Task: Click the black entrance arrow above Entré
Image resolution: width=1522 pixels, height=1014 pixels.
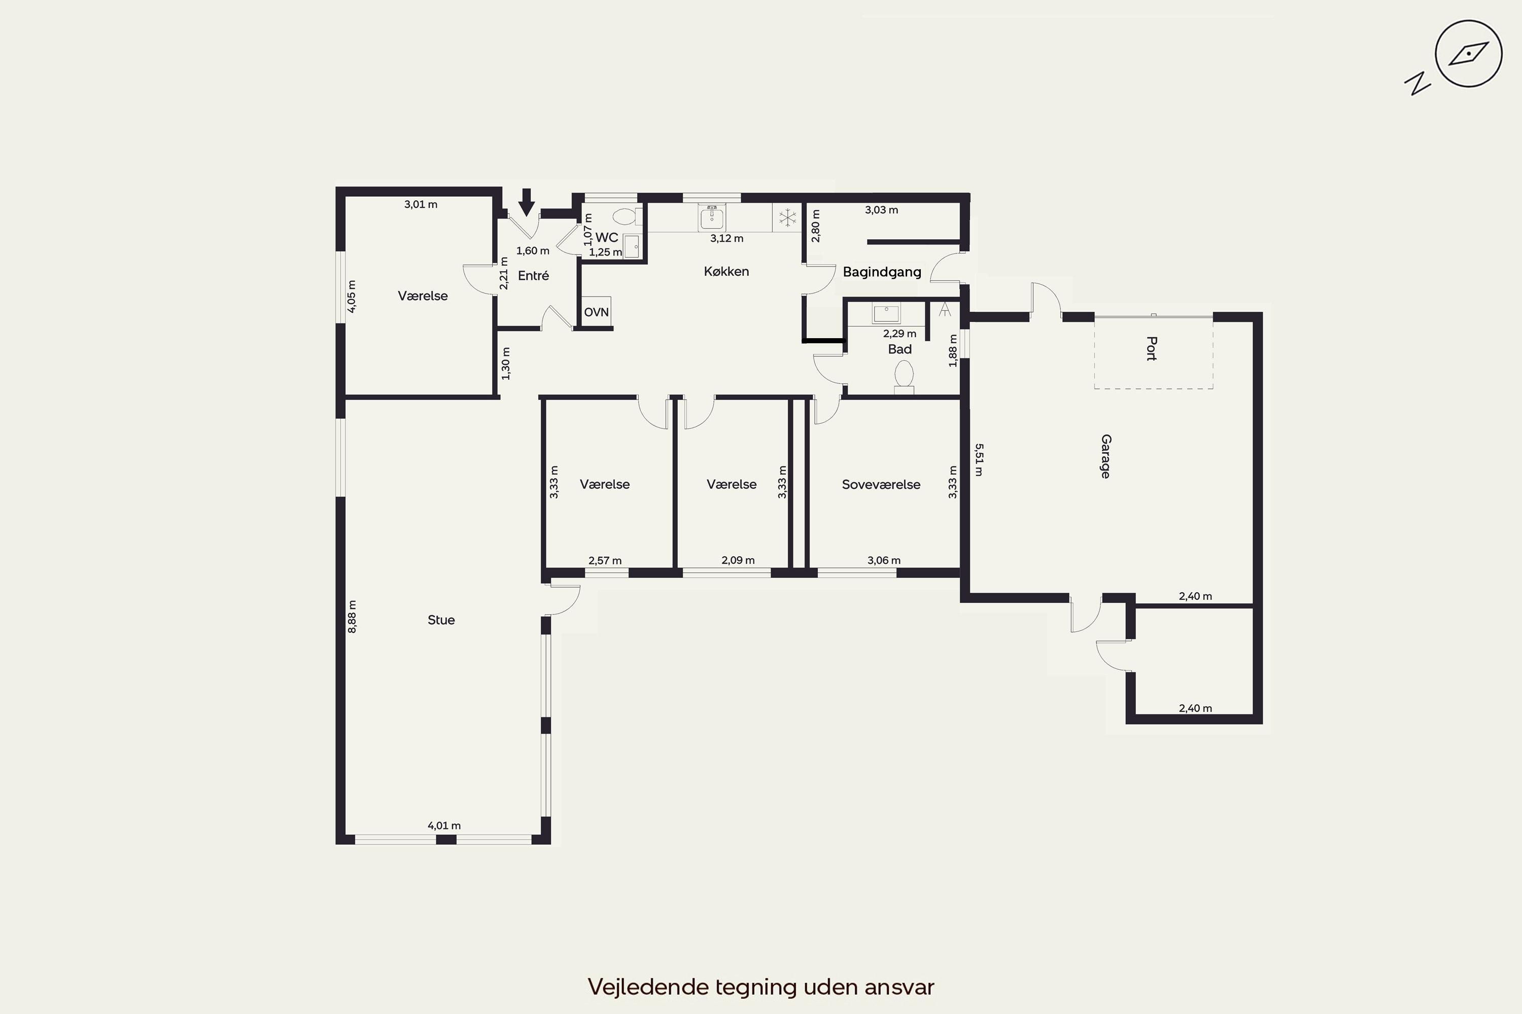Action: (x=527, y=202)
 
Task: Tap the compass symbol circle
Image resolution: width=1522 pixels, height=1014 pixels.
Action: (x=1468, y=54)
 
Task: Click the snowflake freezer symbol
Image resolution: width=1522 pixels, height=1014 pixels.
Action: (x=787, y=218)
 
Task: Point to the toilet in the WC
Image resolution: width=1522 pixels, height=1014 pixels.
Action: (x=627, y=216)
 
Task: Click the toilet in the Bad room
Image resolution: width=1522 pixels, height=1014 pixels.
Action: (x=904, y=376)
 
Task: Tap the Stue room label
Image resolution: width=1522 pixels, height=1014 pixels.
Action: (x=441, y=620)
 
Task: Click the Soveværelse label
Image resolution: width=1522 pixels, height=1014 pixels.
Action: (x=881, y=484)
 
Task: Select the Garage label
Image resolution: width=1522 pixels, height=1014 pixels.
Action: (x=1105, y=457)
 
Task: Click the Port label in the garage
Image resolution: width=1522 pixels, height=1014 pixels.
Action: (x=1151, y=349)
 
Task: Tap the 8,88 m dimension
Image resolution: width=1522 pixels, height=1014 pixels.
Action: (x=352, y=617)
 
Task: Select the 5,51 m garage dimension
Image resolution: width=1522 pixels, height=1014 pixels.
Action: (x=979, y=459)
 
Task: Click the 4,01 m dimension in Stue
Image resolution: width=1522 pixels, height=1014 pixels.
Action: (x=444, y=825)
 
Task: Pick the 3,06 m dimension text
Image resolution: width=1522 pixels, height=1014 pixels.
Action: (x=884, y=560)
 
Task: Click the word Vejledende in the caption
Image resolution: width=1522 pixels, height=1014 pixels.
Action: (x=648, y=987)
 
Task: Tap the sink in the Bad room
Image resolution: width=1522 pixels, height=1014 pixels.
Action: (x=886, y=314)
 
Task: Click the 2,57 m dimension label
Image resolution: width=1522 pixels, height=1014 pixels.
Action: (x=605, y=560)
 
